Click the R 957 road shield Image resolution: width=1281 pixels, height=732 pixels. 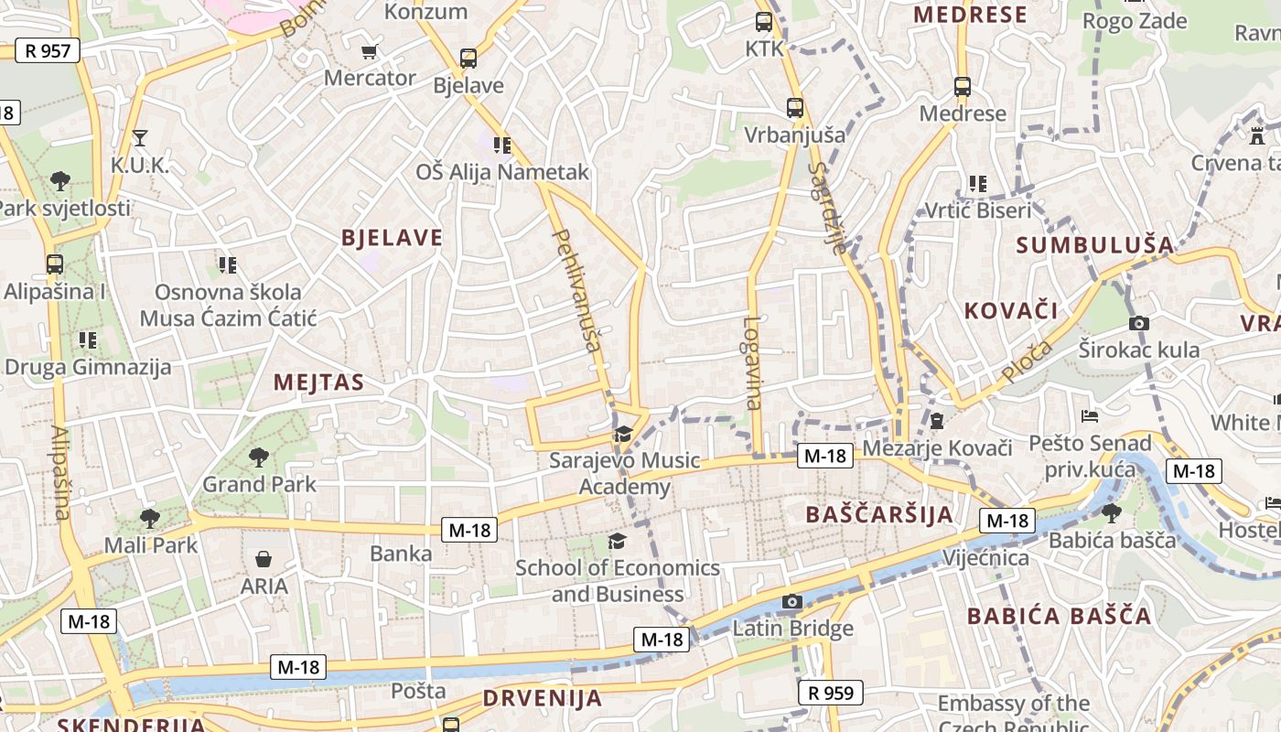(x=48, y=50)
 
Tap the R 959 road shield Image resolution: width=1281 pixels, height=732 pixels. (x=831, y=693)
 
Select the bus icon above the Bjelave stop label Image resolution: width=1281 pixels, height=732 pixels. (x=468, y=59)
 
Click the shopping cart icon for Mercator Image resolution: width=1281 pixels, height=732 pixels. (x=370, y=51)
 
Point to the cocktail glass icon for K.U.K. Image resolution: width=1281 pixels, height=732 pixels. (x=140, y=138)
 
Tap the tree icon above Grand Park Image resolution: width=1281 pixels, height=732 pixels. (x=259, y=457)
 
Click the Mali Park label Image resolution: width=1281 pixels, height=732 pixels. (x=151, y=544)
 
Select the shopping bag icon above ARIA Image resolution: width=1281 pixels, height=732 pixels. (x=264, y=558)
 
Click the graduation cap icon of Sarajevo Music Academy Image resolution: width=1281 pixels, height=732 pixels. (x=624, y=434)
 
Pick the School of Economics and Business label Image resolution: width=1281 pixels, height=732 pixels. (x=618, y=580)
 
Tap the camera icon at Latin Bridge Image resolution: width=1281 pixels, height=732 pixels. (x=792, y=601)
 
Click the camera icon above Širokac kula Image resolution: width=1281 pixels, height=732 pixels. (x=1139, y=323)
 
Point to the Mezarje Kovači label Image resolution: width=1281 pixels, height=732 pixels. (x=937, y=448)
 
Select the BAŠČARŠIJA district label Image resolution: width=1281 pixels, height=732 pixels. (x=879, y=514)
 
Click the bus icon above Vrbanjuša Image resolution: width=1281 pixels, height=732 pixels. (x=794, y=107)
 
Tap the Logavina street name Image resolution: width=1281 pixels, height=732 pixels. (x=752, y=362)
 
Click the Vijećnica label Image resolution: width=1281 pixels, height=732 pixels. (x=985, y=557)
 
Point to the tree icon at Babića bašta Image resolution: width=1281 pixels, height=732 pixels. (x=1112, y=512)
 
